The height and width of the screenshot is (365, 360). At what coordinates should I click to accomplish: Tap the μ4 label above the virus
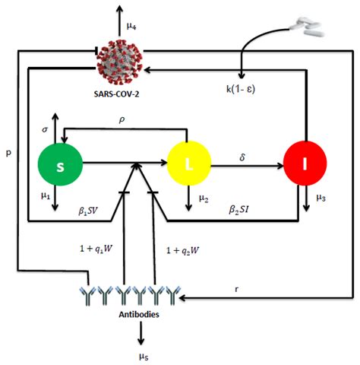coord(131,27)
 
